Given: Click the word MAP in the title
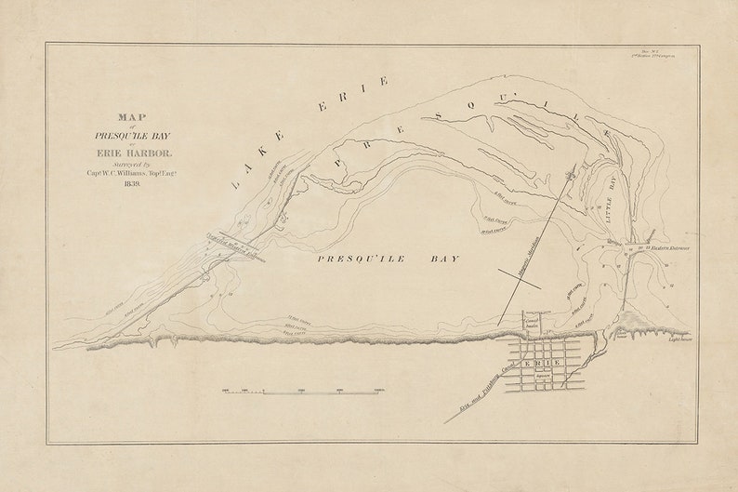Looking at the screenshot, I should pyautogui.click(x=133, y=118).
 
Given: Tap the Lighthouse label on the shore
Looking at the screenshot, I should pyautogui.click(x=682, y=339).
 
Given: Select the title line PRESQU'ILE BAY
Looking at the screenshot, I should pyautogui.click(x=133, y=132).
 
